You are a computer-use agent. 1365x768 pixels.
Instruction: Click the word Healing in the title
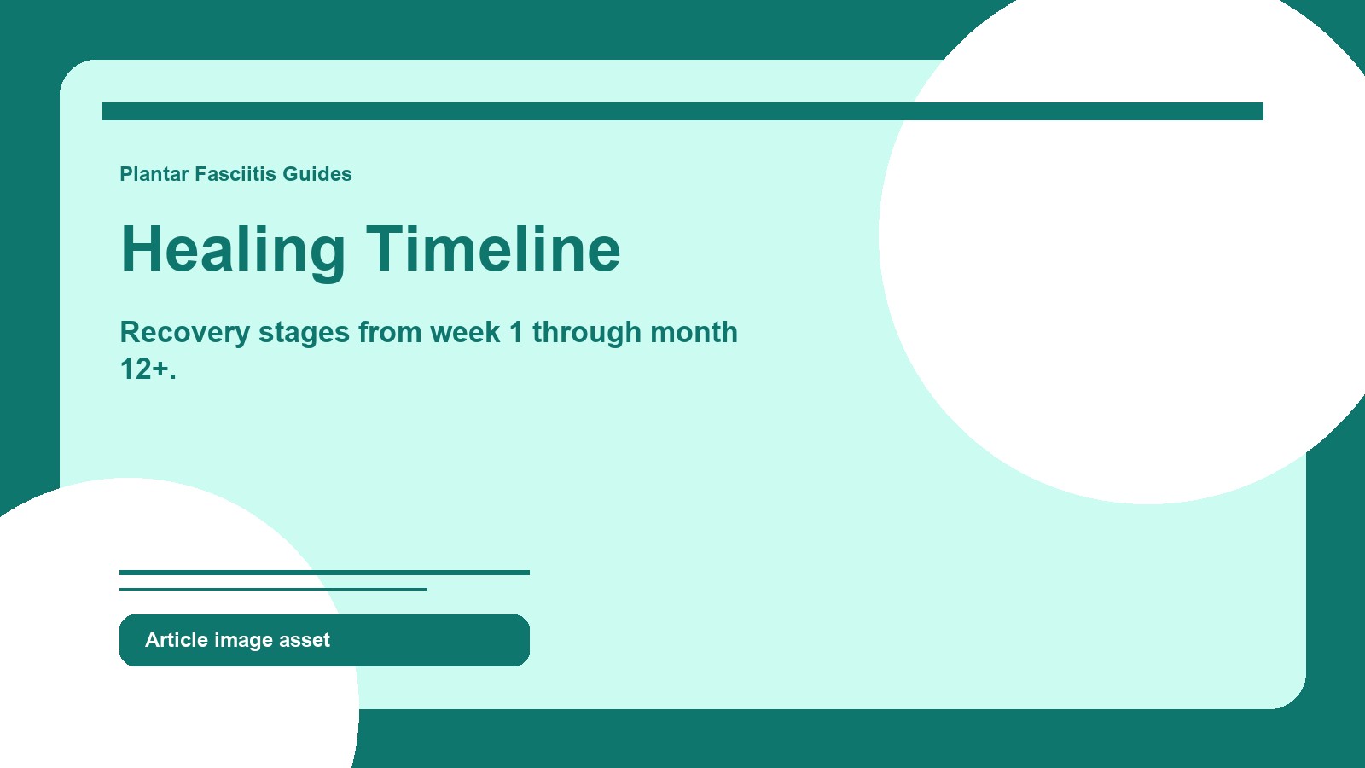233,249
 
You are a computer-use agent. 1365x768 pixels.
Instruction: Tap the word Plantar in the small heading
154,174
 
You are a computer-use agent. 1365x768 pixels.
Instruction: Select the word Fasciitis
235,174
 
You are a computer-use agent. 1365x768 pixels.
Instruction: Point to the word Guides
317,174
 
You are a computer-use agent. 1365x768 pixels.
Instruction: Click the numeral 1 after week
516,333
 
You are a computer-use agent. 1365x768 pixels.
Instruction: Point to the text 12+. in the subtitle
148,369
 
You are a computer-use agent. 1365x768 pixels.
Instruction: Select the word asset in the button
304,640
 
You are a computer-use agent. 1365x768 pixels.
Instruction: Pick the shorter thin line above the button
273,589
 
